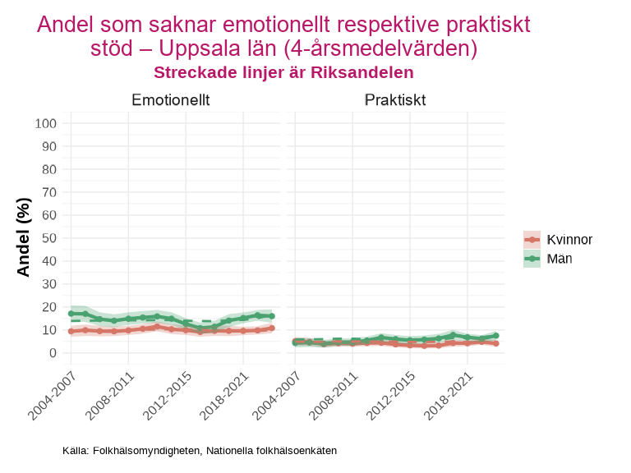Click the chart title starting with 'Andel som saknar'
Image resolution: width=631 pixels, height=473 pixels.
pos(283,36)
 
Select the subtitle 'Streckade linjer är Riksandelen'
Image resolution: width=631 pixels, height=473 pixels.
pos(283,73)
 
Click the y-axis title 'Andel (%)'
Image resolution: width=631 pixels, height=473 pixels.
pos(23,237)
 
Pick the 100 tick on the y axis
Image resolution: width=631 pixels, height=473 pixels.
pos(45,123)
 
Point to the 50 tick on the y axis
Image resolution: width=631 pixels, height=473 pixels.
pos(48,238)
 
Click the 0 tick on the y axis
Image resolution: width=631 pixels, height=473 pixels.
pos(52,353)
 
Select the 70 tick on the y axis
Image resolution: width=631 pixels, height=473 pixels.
pos(48,192)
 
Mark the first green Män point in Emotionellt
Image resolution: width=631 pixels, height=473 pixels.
pos(71,314)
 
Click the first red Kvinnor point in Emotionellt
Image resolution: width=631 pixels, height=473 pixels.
pos(71,331)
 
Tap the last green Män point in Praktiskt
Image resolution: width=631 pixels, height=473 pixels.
pos(496,336)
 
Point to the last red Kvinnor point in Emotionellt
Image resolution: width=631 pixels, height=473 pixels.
pos(272,328)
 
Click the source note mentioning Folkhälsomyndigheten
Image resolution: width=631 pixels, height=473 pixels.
pos(200,451)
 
